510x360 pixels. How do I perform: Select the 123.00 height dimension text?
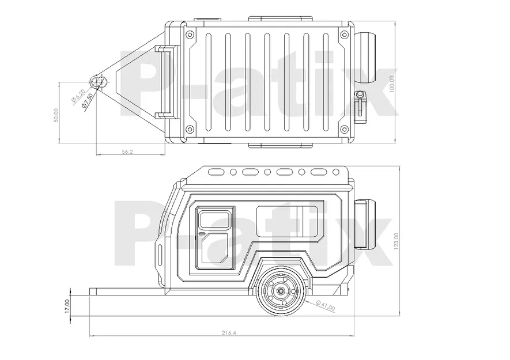click(x=395, y=241)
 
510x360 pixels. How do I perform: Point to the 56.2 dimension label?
click(x=127, y=151)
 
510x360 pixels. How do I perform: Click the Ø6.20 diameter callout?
click(x=78, y=96)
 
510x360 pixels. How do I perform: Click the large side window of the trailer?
click(x=288, y=221)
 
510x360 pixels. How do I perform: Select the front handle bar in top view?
click(x=168, y=81)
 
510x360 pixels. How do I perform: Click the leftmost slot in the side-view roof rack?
click(x=217, y=172)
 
